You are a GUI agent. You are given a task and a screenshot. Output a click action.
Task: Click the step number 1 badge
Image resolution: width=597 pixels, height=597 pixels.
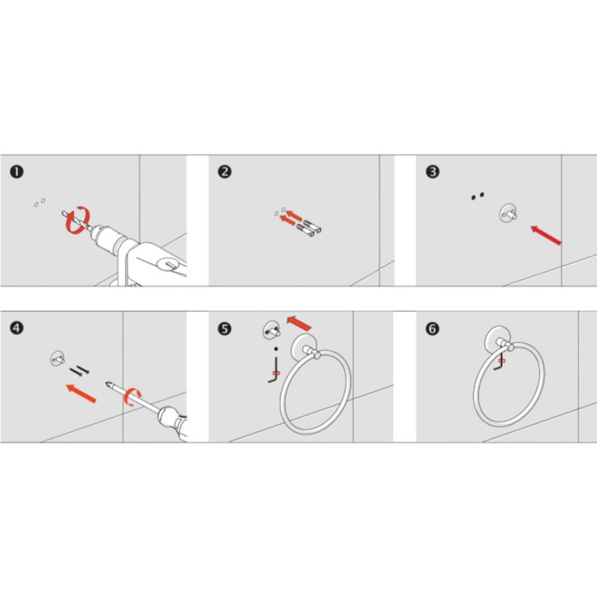(x=16, y=172)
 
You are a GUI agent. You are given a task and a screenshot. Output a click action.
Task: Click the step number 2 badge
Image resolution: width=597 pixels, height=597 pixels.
(x=225, y=172)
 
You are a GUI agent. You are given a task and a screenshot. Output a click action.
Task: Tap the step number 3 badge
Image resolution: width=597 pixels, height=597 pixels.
(x=433, y=172)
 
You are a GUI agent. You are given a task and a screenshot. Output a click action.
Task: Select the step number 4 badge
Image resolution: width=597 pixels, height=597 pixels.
(x=16, y=328)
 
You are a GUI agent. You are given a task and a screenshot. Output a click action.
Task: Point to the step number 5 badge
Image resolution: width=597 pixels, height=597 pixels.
(x=225, y=328)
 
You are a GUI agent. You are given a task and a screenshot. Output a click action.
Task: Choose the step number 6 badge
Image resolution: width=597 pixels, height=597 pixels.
(x=433, y=328)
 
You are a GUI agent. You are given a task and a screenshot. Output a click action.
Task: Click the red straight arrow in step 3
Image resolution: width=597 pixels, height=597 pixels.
(x=546, y=235)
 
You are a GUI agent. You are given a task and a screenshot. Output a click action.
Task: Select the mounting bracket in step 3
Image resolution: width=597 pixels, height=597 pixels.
(x=508, y=213)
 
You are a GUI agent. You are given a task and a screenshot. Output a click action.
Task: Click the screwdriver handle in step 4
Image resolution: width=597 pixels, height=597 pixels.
(x=174, y=423)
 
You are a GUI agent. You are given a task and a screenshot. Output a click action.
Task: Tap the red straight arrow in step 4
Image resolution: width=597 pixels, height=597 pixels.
(x=81, y=393)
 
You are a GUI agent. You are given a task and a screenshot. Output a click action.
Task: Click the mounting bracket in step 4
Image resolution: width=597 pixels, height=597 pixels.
(x=57, y=358)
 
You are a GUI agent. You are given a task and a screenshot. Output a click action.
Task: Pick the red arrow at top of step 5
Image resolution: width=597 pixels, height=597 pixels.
(x=299, y=323)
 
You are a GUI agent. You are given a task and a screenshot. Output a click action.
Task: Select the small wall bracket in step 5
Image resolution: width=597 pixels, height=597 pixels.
(x=272, y=330)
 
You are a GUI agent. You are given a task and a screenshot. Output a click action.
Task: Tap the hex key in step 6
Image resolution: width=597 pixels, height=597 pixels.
(x=499, y=362)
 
